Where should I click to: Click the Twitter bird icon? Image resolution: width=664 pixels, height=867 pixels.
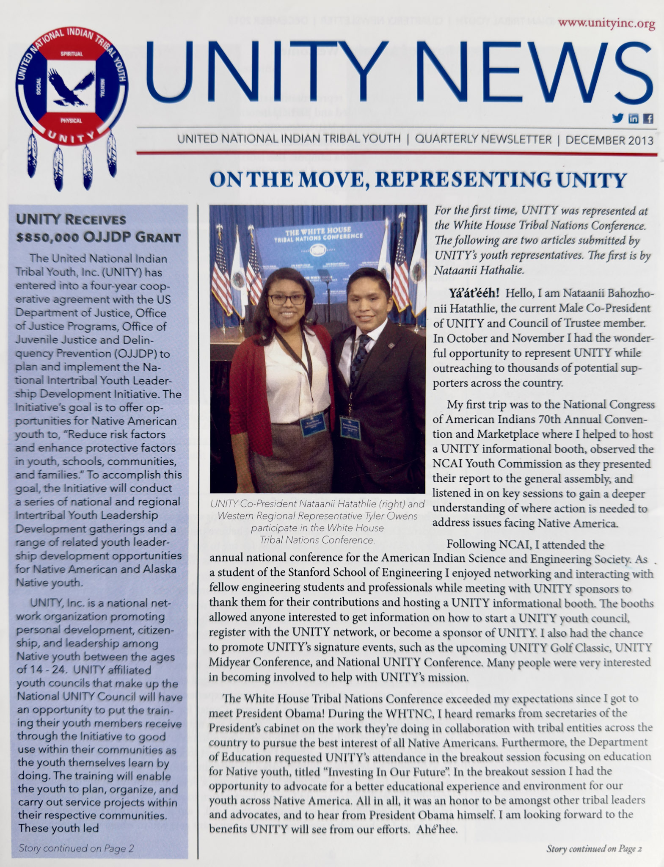[618, 119]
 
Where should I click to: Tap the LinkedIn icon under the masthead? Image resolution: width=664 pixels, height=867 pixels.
[634, 119]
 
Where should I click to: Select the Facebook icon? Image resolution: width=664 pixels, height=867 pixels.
[648, 119]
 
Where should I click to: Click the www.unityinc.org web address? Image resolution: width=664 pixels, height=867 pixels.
[606, 24]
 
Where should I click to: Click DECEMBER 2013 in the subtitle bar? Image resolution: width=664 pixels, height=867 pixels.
[609, 140]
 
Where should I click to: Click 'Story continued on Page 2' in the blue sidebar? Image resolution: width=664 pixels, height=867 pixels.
[76, 848]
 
